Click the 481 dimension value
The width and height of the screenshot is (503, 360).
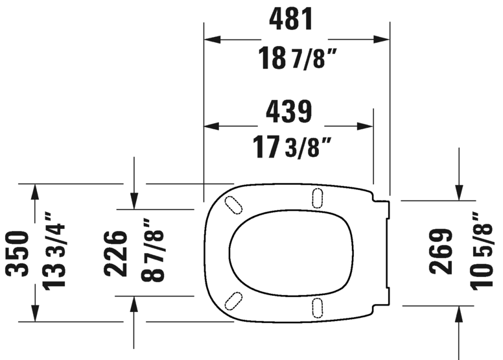[x=291, y=19]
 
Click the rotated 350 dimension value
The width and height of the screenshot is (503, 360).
[x=18, y=252]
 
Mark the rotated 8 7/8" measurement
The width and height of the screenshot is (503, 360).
[x=154, y=253]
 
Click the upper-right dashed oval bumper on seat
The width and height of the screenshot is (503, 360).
[x=318, y=198]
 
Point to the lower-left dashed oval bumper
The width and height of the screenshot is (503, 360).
[x=232, y=300]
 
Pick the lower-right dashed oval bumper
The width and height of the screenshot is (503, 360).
[x=318, y=306]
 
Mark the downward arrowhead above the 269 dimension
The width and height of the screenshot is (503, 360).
[x=459, y=193]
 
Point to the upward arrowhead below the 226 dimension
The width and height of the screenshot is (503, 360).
[x=134, y=302]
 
